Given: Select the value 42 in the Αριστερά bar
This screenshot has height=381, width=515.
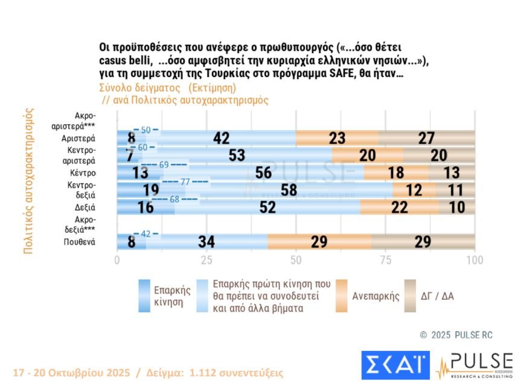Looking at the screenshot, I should [221, 138].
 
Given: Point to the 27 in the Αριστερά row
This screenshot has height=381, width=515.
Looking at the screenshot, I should [426, 138].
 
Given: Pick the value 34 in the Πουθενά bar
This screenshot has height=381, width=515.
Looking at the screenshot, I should [206, 242].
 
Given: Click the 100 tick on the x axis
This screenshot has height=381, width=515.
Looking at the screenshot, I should [475, 260].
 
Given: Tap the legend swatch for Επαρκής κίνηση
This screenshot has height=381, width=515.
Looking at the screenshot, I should [144, 295].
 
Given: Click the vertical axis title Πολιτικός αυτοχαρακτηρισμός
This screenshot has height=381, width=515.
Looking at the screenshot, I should [28, 181].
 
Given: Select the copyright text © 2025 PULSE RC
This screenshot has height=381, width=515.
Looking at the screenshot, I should [456, 335].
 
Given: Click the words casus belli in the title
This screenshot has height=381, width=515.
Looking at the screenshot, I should [125, 60].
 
